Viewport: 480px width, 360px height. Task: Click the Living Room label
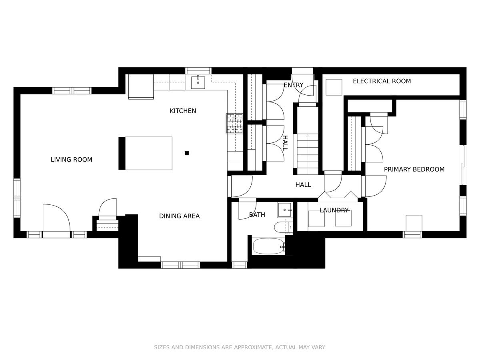coord(71,160)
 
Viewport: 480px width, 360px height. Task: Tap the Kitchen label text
coord(183,111)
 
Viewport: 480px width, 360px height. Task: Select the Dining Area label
coord(179,216)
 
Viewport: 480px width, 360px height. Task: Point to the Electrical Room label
coord(382,81)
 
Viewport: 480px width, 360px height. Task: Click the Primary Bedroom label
coord(414,169)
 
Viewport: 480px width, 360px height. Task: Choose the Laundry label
coord(334,210)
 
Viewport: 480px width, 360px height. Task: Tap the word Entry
coord(294,85)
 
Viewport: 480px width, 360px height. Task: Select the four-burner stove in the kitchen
coord(234,124)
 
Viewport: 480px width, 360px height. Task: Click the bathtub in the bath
coord(268,246)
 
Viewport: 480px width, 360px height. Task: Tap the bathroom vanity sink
coord(285,210)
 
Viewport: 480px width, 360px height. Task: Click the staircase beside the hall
coord(308,154)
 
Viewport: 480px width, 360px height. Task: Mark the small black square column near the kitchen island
coord(187,153)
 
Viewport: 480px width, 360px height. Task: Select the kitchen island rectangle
coord(146,153)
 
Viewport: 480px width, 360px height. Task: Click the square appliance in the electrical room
coord(334,87)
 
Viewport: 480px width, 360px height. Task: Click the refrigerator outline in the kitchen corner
coord(141,86)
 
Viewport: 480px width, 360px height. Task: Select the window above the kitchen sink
coord(198,71)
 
